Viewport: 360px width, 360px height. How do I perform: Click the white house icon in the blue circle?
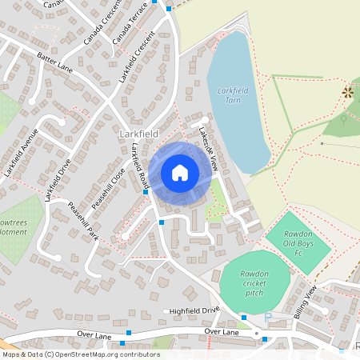(180, 172)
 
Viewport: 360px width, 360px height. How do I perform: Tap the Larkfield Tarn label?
(234, 96)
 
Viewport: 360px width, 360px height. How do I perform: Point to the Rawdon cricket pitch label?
(255, 281)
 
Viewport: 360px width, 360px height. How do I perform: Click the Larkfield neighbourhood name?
(138, 133)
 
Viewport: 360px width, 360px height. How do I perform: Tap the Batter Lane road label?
(54, 62)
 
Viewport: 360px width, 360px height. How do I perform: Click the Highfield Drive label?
(193, 310)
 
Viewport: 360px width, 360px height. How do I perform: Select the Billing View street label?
(306, 302)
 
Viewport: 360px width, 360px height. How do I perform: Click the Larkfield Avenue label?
(21, 151)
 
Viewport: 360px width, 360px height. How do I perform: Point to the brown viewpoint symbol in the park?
(348, 92)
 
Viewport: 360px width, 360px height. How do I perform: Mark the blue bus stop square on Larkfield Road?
(146, 192)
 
